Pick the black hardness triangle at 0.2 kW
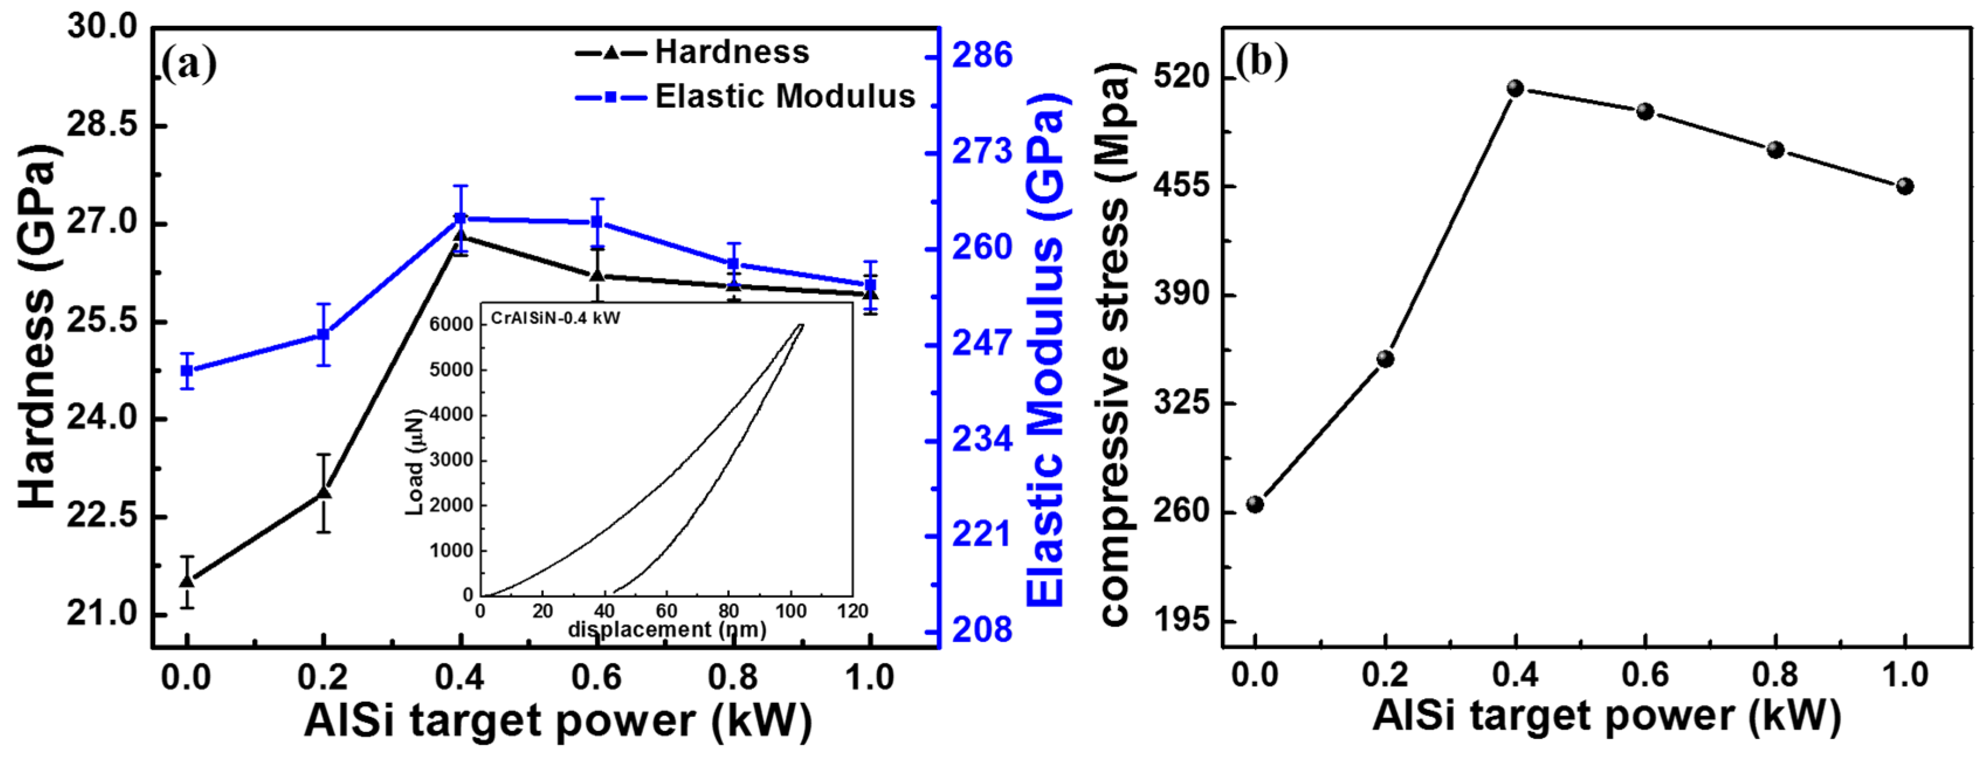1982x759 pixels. tap(324, 492)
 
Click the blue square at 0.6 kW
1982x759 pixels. tap(596, 222)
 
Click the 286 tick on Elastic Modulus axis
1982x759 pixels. tap(982, 56)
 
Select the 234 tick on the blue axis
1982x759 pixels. tap(982, 440)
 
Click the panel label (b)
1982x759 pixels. tap(1262, 61)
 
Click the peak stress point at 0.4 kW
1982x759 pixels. tap(1515, 88)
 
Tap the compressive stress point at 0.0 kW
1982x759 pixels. tap(1255, 504)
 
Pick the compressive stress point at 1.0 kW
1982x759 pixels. tap(1904, 186)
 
